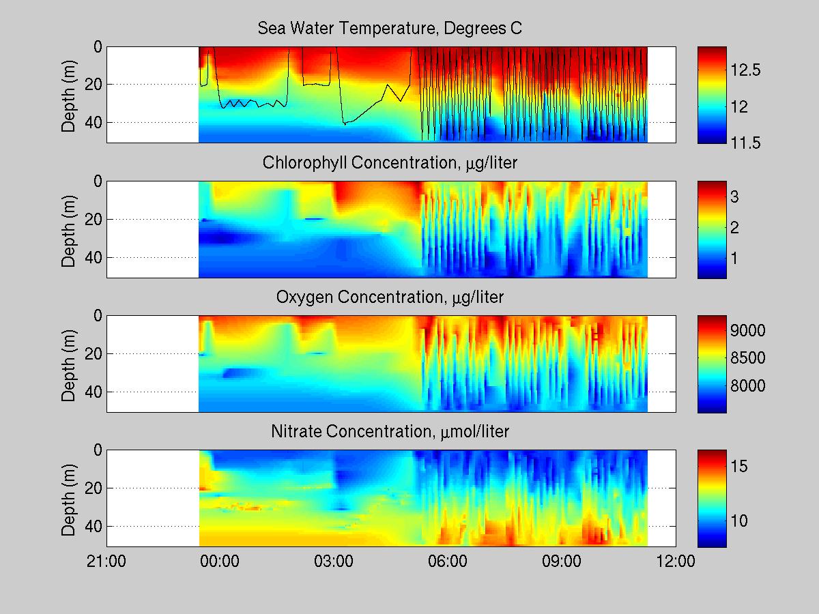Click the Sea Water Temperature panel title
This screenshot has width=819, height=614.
pyautogui.click(x=390, y=29)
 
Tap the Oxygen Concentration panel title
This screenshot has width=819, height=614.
pyautogui.click(x=390, y=297)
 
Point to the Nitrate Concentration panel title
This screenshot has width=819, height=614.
pyautogui.click(x=390, y=432)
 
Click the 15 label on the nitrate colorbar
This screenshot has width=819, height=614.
pyautogui.click(x=741, y=466)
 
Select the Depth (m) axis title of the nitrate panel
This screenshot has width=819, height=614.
pyautogui.click(x=69, y=498)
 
